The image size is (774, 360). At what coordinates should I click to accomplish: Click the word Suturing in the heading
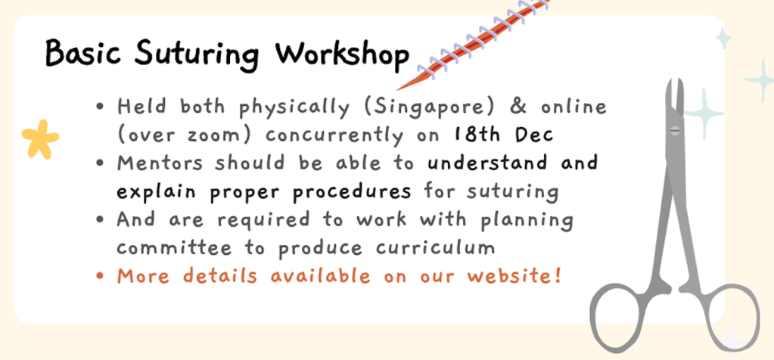tap(196, 56)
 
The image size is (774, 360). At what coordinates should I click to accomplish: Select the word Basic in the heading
tap(84, 53)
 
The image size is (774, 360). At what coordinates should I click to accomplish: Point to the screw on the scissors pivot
tap(675, 130)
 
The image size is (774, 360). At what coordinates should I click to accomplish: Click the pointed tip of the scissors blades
tap(674, 80)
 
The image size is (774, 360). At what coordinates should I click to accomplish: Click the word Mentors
tap(160, 163)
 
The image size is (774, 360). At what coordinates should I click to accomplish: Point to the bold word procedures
tap(352, 192)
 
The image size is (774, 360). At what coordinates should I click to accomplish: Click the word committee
tap(174, 248)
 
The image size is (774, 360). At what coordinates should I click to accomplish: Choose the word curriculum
tap(435, 247)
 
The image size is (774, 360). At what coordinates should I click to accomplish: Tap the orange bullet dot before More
tap(101, 277)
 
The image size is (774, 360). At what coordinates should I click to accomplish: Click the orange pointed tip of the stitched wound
tap(396, 90)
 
